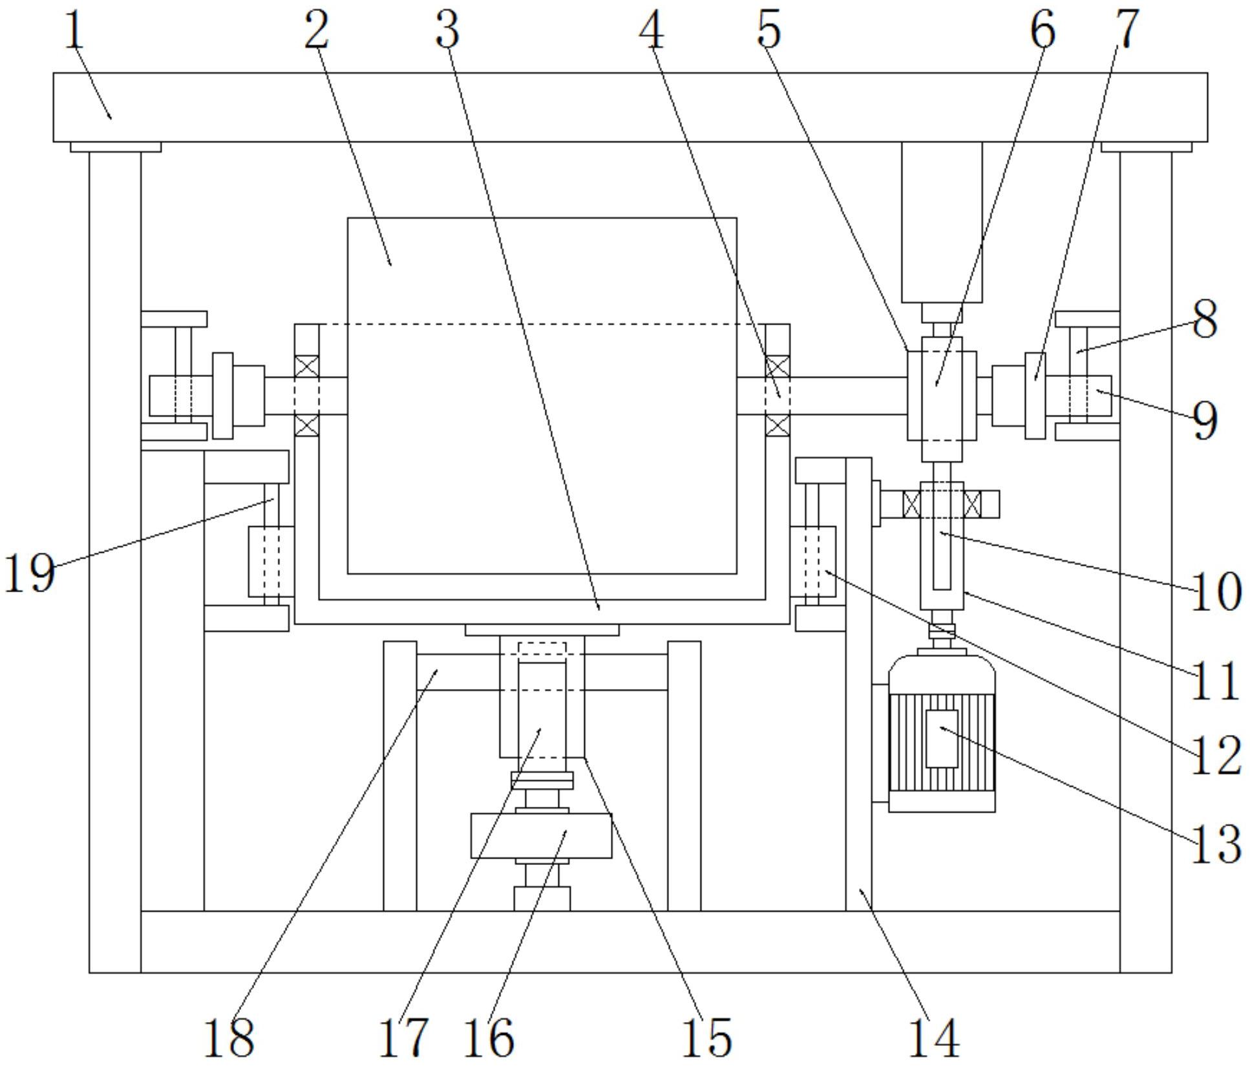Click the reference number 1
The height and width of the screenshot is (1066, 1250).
click(x=75, y=30)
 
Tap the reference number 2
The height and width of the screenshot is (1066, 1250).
click(x=316, y=30)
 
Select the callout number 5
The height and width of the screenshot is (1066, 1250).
click(x=768, y=30)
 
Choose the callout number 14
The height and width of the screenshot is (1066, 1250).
click(x=933, y=1038)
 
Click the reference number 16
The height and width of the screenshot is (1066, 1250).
click(x=489, y=1038)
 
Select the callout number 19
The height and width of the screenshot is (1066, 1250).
click(x=29, y=573)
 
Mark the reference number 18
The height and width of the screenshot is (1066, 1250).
click(x=228, y=1038)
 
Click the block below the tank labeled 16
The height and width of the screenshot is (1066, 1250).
click(x=541, y=836)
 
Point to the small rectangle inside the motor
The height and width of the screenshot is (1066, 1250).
click(x=942, y=738)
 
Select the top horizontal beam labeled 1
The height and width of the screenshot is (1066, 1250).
click(x=630, y=107)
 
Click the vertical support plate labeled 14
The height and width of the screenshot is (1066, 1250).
click(x=858, y=711)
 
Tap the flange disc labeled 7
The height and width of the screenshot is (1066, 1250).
click(x=1035, y=396)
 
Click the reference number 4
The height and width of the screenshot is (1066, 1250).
click(x=651, y=30)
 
